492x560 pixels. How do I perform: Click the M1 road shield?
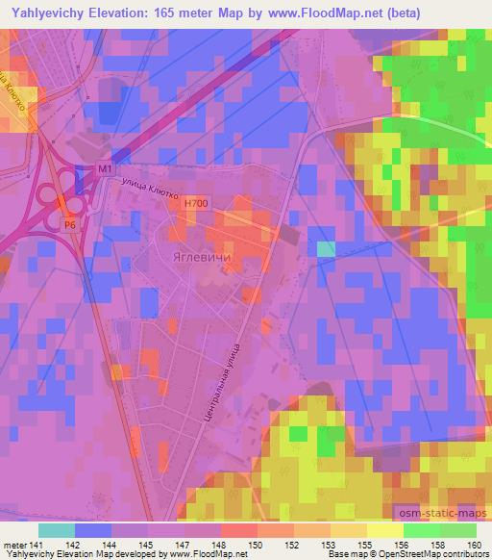[x=105, y=169]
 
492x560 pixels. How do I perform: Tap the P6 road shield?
[x=70, y=224]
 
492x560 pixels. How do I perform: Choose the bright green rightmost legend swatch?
[x=457, y=530]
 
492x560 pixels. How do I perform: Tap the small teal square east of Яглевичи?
[x=327, y=249]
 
